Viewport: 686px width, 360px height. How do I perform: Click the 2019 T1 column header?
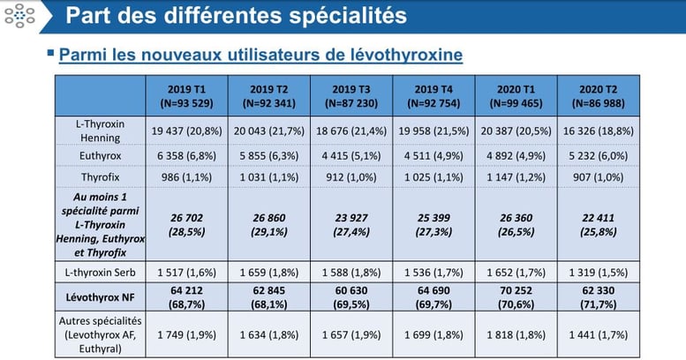[186, 95]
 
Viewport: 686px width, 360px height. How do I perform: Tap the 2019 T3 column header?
[351, 95]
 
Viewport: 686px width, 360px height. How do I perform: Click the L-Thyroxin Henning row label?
[100, 131]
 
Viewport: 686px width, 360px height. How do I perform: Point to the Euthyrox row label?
[100, 154]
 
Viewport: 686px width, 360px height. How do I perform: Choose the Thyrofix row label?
[100, 176]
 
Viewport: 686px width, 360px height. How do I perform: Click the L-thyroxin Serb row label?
[100, 267]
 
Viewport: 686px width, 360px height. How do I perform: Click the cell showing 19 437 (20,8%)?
[186, 131]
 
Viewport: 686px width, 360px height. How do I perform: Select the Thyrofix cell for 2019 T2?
[268, 176]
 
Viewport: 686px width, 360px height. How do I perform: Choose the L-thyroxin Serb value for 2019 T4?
[433, 267]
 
